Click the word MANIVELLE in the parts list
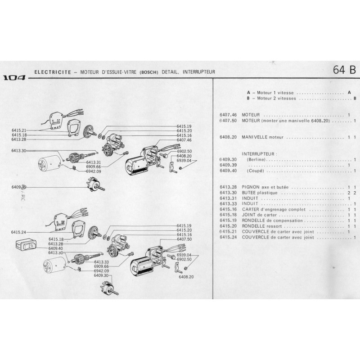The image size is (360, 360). pos(254,137)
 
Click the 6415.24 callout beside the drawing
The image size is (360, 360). pos(19,232)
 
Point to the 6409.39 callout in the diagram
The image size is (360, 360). pos(19,187)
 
